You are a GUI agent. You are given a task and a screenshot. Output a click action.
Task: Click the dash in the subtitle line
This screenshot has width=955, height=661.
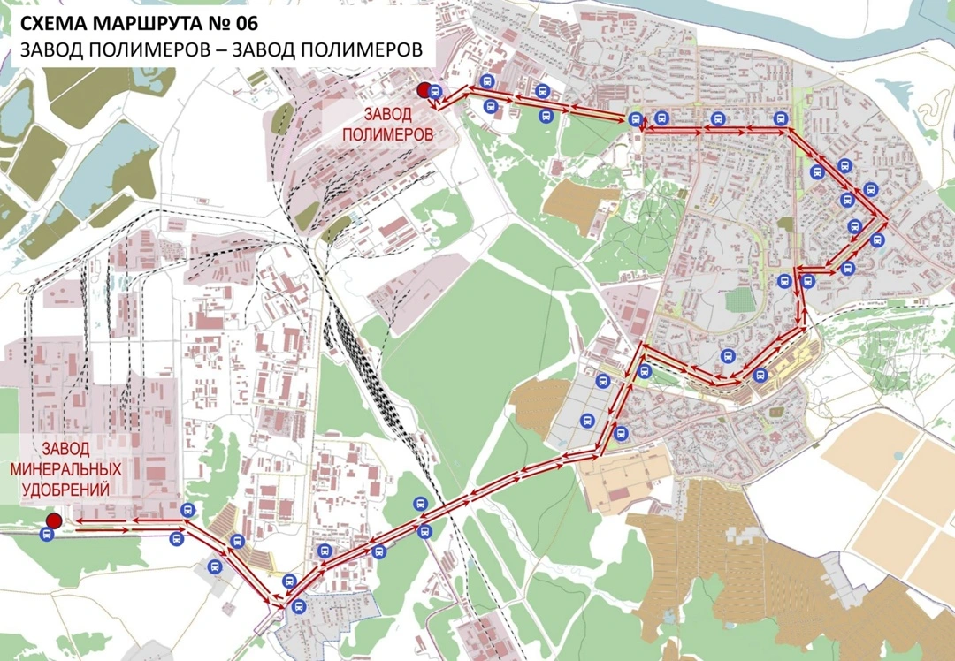[221, 50]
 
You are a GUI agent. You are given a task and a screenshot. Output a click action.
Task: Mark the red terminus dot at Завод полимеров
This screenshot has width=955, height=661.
[424, 89]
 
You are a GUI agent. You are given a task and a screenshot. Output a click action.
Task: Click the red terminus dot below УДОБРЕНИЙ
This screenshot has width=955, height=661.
[54, 520]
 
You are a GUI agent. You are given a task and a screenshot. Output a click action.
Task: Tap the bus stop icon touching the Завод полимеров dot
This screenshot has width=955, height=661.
[434, 90]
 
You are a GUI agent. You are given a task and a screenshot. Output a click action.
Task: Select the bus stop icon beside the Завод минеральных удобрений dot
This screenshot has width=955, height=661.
[47, 533]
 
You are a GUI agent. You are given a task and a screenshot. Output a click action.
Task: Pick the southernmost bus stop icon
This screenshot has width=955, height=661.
[299, 606]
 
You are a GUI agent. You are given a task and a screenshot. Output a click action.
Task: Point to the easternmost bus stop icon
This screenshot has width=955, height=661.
[877, 239]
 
